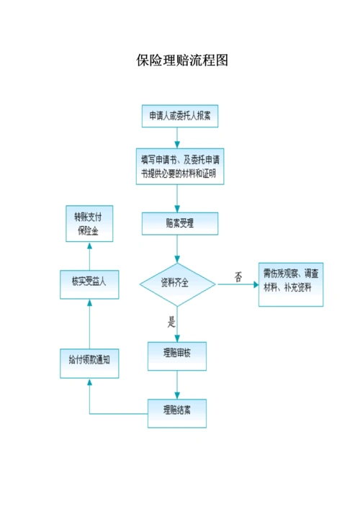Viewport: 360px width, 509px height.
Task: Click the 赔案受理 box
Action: (x=179, y=222)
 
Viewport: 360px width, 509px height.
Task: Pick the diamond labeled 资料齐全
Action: (x=177, y=283)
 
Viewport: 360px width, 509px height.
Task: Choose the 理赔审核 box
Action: (x=177, y=353)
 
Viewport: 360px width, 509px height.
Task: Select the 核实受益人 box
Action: (x=89, y=282)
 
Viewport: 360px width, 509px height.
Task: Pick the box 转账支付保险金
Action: (x=89, y=223)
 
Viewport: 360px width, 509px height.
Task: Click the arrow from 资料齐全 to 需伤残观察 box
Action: (x=238, y=284)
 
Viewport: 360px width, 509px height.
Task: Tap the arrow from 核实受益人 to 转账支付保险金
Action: (x=89, y=253)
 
